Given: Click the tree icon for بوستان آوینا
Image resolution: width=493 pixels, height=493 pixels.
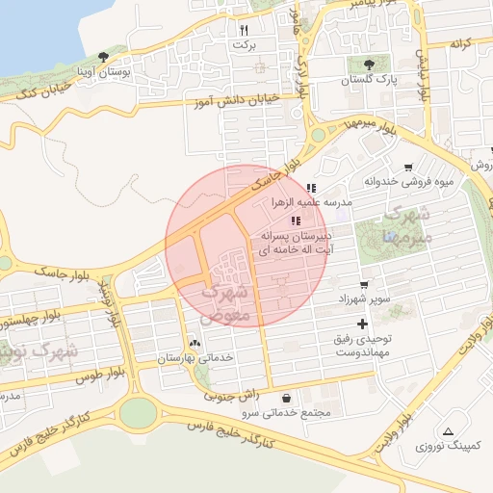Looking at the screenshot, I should [x=103, y=58].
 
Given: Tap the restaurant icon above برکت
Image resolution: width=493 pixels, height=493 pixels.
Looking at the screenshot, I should [x=244, y=30].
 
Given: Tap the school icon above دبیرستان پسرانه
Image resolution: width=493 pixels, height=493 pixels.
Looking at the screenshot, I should [x=307, y=221].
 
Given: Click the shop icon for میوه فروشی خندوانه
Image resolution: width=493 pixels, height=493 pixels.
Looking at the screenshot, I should [x=409, y=167].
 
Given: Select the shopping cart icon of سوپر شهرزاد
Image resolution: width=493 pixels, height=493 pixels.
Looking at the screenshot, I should [x=363, y=285].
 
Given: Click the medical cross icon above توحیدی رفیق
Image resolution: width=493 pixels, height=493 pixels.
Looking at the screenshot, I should [x=361, y=324].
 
